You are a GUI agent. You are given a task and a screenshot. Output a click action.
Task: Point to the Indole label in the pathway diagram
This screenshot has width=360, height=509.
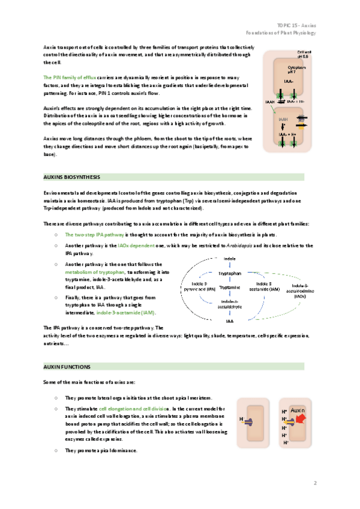point(229,259)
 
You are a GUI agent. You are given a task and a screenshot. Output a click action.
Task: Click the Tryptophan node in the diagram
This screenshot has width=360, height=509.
point(230,273)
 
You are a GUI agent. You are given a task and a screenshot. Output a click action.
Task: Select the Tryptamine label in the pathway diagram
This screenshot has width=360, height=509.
point(230,288)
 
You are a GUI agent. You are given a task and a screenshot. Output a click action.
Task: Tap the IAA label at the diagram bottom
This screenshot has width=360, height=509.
point(230,321)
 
